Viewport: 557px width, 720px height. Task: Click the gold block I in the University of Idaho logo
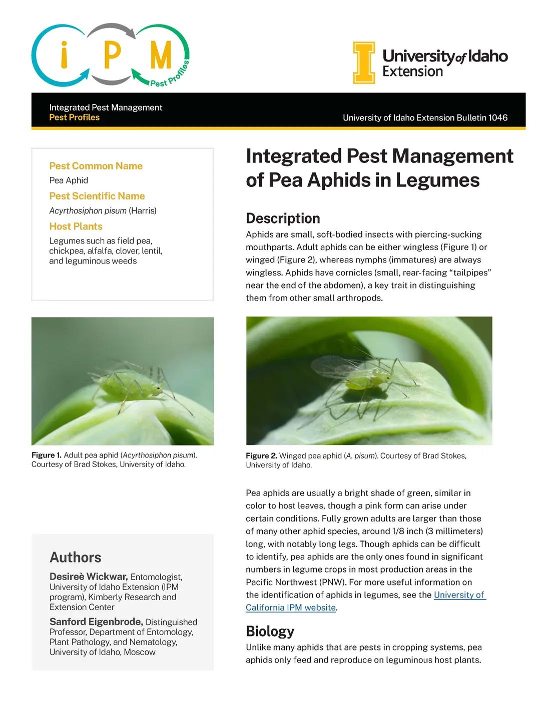tap(364, 62)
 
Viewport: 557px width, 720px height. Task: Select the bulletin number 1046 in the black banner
tap(498, 117)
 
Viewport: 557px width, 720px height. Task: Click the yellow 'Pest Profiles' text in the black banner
tap(74, 117)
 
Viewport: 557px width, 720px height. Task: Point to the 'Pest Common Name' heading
tap(96, 166)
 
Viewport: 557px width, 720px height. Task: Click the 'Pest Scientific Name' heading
tap(97, 196)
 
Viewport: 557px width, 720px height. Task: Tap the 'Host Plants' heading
tap(76, 226)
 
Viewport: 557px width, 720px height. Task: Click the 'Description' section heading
tap(283, 218)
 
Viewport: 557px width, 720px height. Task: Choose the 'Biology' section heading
tap(270, 631)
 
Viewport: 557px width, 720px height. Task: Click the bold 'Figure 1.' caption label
tap(46, 455)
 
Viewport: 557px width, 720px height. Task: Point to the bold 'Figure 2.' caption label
tap(261, 455)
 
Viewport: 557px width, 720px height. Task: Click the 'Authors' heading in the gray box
tap(75, 557)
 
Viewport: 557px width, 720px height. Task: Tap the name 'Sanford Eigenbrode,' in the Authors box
tap(96, 621)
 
